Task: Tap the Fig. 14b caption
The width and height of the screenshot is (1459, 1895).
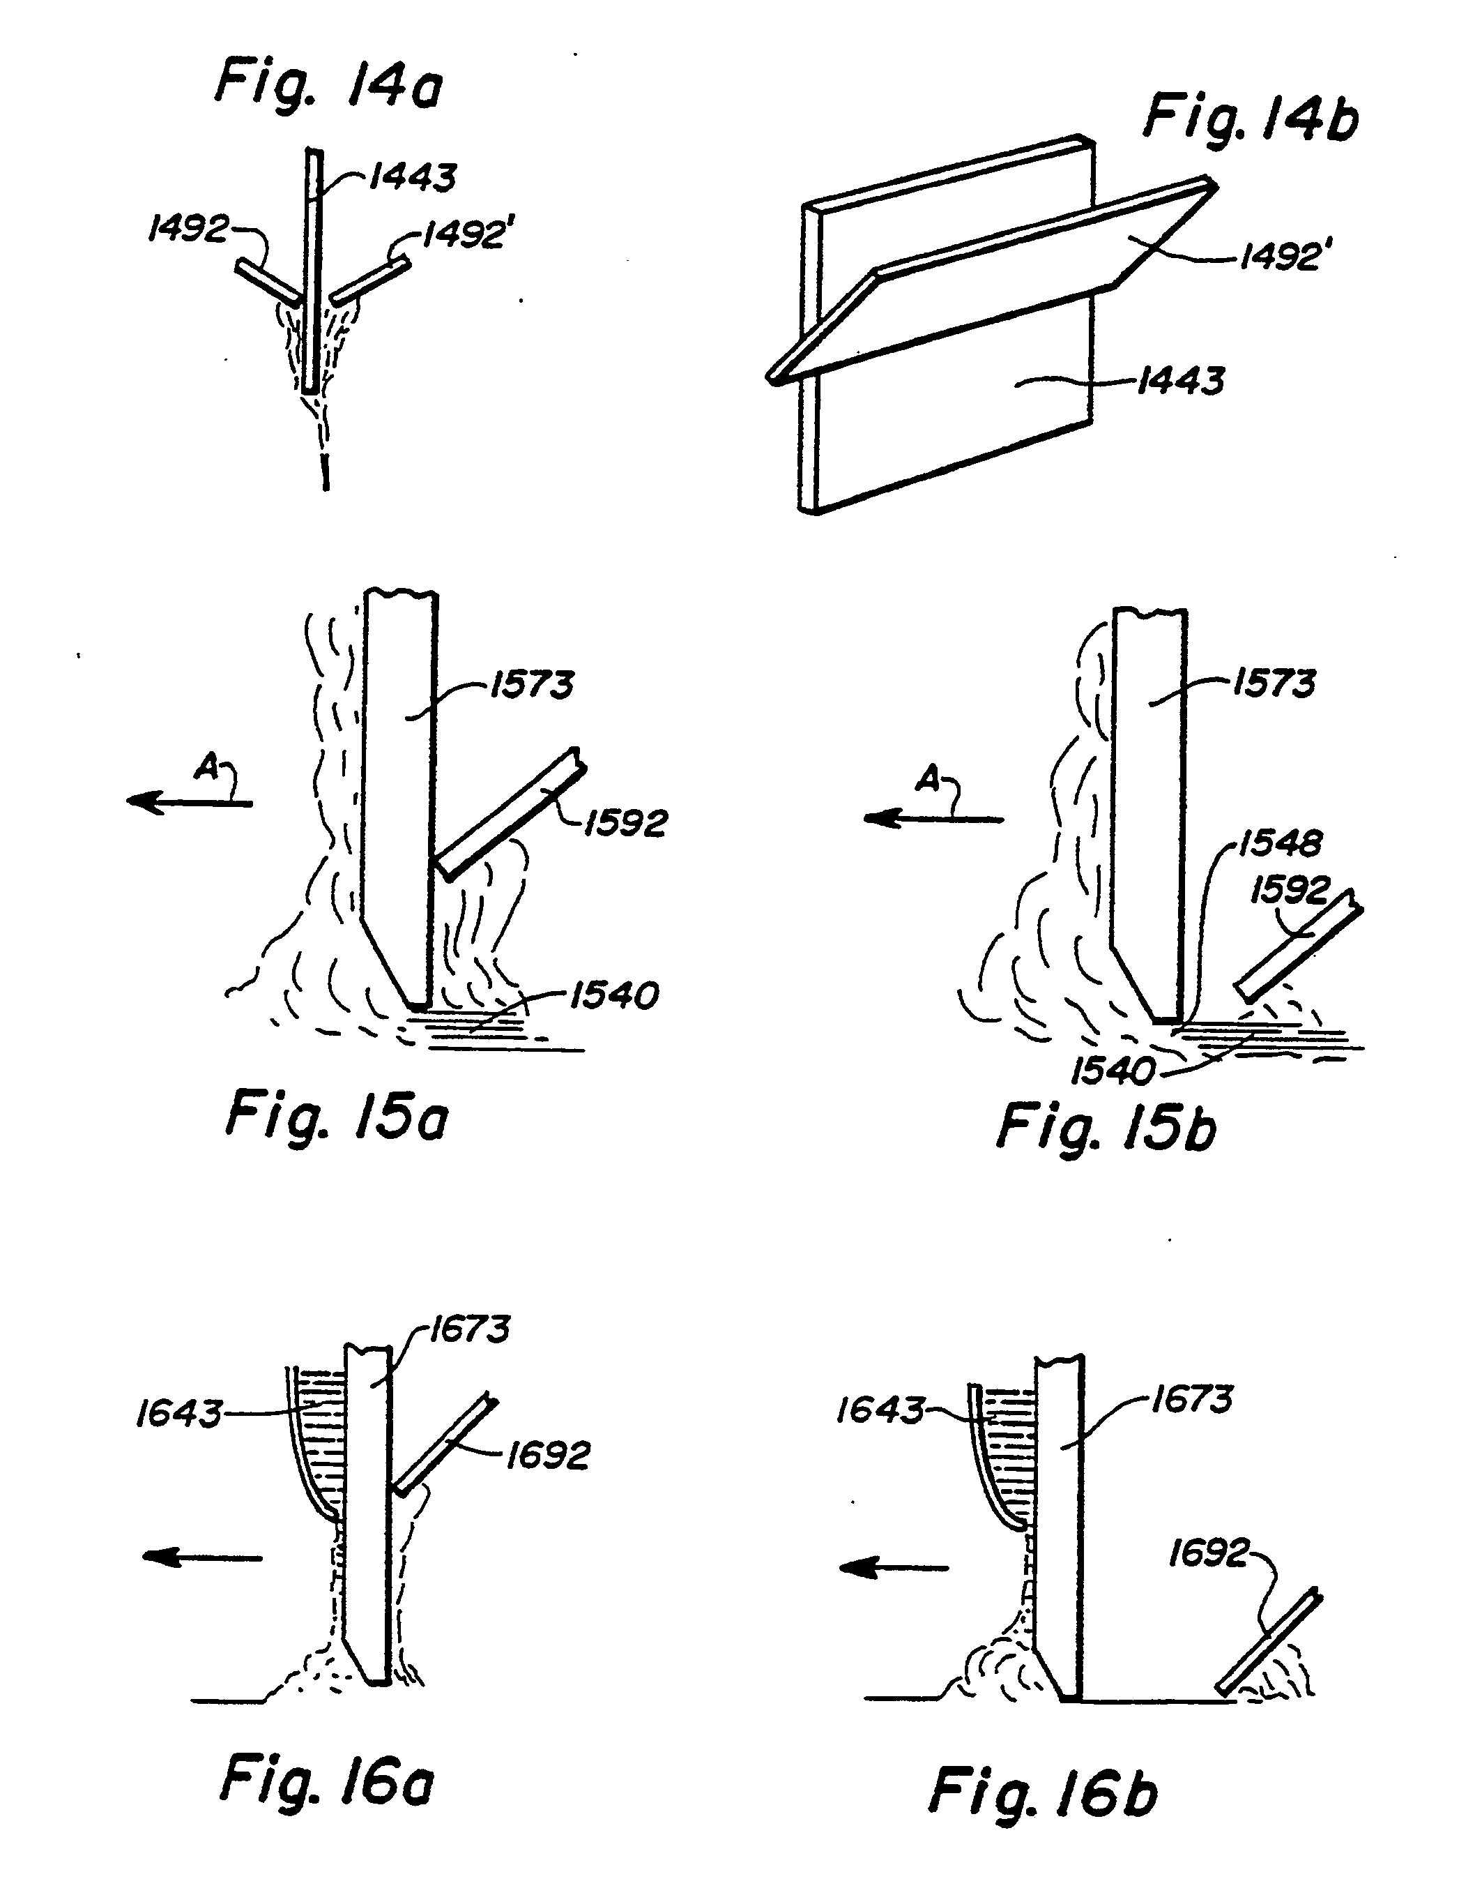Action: click(1250, 119)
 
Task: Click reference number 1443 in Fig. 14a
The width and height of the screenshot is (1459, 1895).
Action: click(412, 178)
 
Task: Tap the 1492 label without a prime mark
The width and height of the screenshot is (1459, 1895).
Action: click(188, 230)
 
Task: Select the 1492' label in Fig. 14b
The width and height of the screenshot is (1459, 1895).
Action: click(1281, 256)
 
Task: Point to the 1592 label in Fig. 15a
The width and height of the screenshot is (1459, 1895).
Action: click(625, 822)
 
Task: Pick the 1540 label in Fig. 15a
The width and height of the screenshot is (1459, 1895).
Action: click(614, 995)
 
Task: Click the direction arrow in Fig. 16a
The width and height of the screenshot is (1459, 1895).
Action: click(201, 1558)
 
